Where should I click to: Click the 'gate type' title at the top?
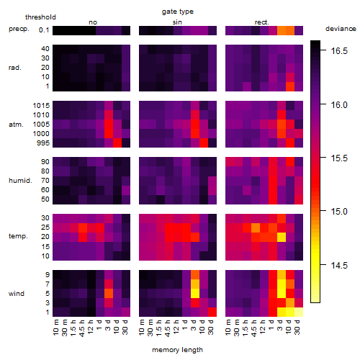pyautogui.click(x=178, y=12)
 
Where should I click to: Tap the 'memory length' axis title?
pyautogui.click(x=177, y=350)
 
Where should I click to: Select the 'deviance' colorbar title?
pyautogui.click(x=341, y=29)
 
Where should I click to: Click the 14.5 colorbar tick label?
pyautogui.click(x=339, y=266)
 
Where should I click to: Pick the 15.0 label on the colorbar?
pyautogui.click(x=339, y=212)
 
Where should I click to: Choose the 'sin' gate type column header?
pyautogui.click(x=177, y=22)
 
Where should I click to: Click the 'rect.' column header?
pyautogui.click(x=262, y=22)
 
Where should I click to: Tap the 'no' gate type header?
pyautogui.click(x=93, y=22)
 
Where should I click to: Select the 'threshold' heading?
pyautogui.click(x=40, y=17)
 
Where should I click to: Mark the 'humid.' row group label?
pyautogui.click(x=20, y=181)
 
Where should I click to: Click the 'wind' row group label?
pyautogui.click(x=17, y=294)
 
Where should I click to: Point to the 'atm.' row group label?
pyautogui.click(x=16, y=125)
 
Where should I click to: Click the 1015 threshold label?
pyautogui.click(x=41, y=106)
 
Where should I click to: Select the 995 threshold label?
pyautogui.click(x=43, y=143)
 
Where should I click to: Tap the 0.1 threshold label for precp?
pyautogui.click(x=44, y=30)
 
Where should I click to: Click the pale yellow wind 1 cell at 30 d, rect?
pyautogui.click(x=299, y=312)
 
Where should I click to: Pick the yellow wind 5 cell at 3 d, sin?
pyautogui.click(x=195, y=293)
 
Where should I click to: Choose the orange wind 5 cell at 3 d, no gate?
pyautogui.click(x=109, y=293)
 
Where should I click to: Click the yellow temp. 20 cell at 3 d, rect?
pyautogui.click(x=282, y=237)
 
